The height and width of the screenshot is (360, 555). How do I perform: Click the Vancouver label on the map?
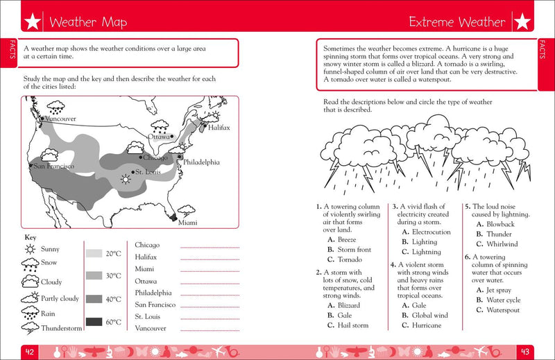pyautogui.click(x=59, y=119)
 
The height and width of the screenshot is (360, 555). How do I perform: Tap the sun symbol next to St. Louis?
pyautogui.click(x=126, y=179)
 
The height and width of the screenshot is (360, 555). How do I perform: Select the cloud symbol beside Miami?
pyautogui.click(x=185, y=209)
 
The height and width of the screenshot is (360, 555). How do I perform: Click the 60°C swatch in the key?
pyautogui.click(x=94, y=321)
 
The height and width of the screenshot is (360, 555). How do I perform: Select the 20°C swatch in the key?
pyautogui.click(x=94, y=254)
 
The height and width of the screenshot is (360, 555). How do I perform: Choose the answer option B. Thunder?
pyautogui.click(x=497, y=234)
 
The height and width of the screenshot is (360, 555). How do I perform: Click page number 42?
pyautogui.click(x=30, y=350)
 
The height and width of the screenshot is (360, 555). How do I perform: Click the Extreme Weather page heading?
pyautogui.click(x=457, y=22)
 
